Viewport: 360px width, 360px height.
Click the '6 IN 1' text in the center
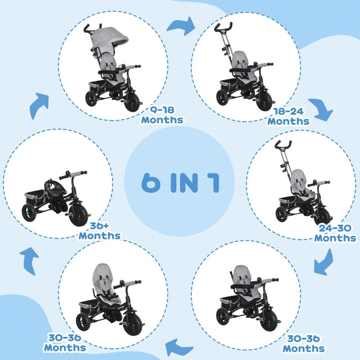[x=180, y=182]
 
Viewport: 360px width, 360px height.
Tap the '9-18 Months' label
[x=162, y=115]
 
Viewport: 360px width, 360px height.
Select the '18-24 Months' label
[x=288, y=117]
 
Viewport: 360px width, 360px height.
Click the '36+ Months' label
[x=99, y=231]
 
